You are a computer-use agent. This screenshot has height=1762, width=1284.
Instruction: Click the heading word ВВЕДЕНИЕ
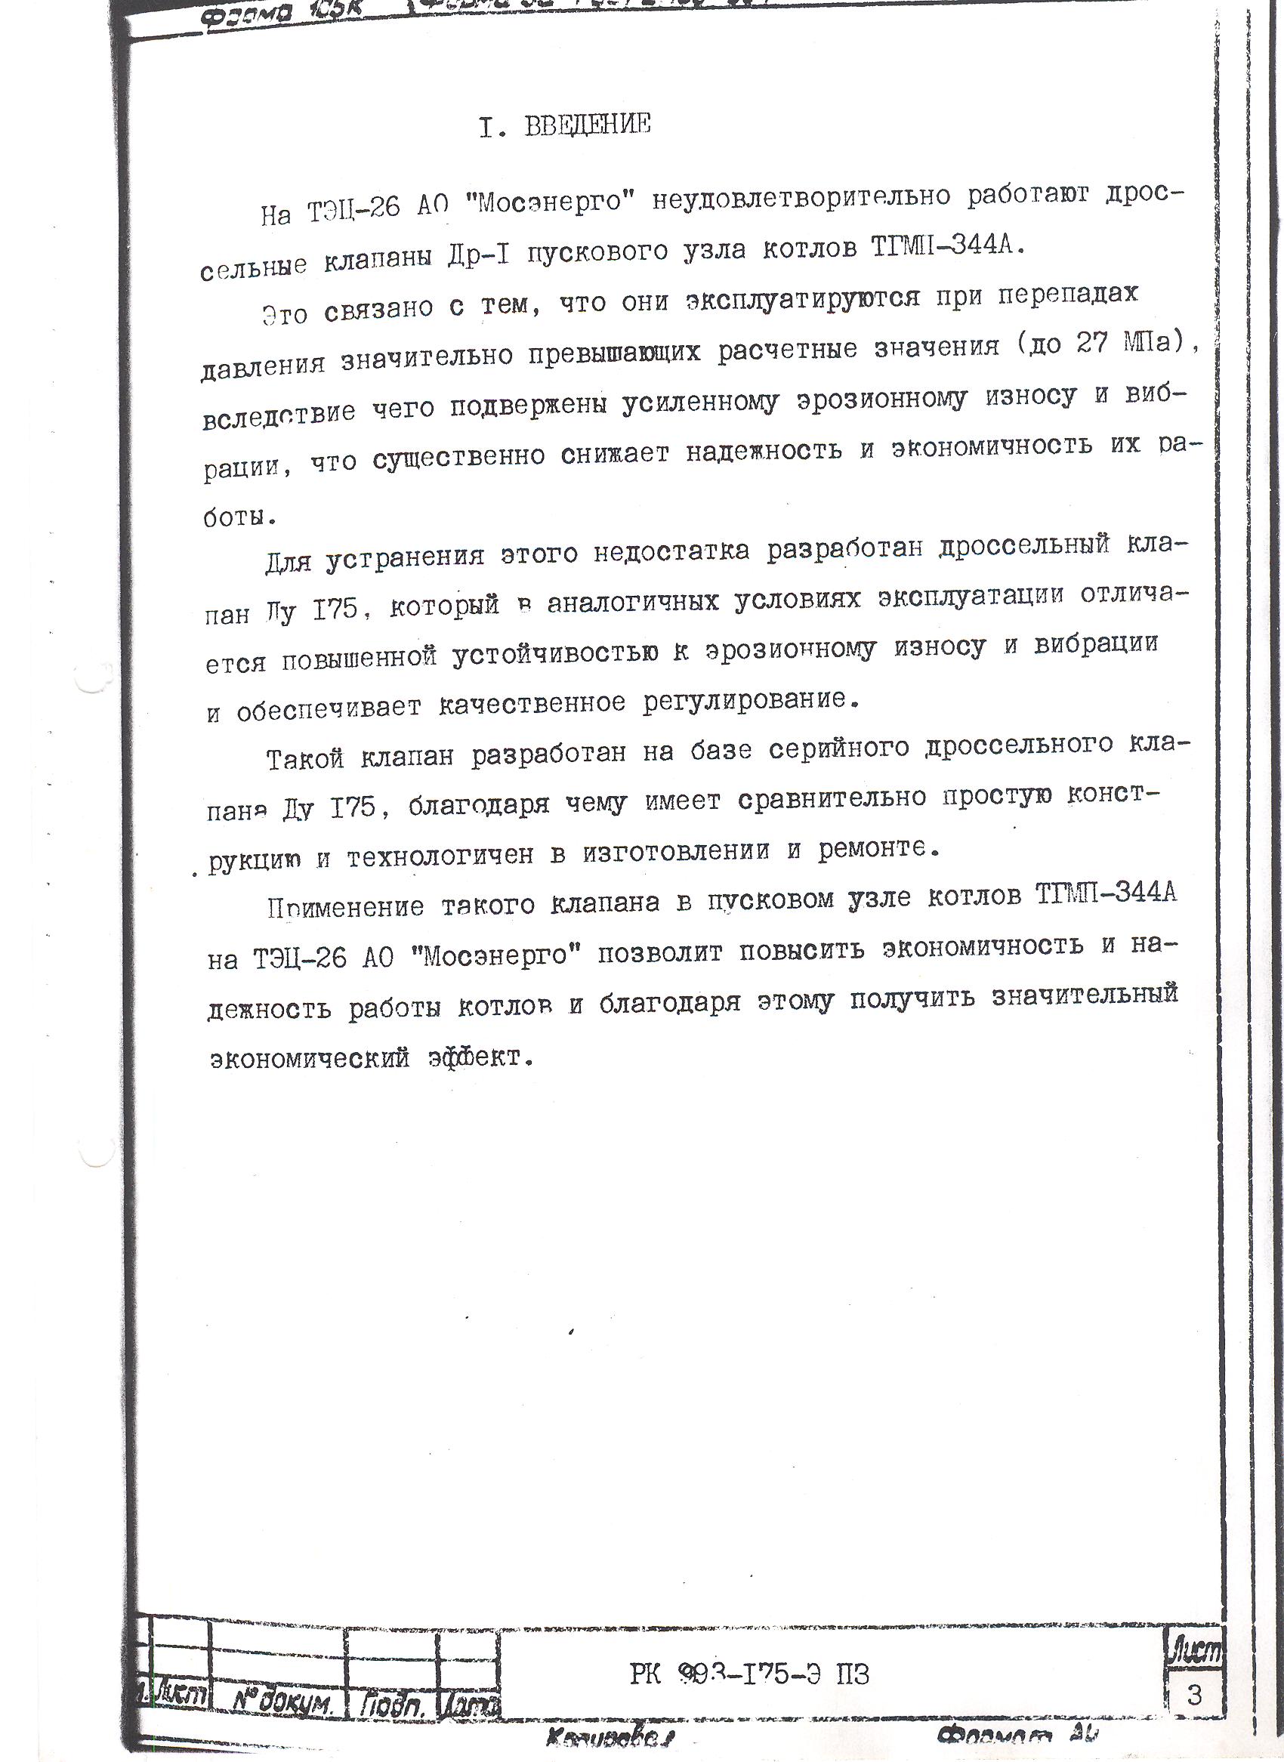click(x=588, y=125)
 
